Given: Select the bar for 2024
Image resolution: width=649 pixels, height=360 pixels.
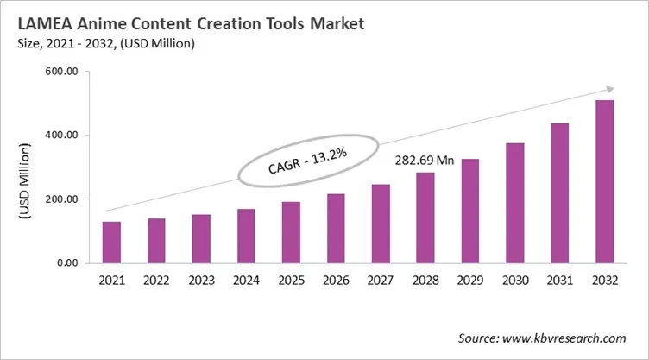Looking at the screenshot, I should coord(246,236).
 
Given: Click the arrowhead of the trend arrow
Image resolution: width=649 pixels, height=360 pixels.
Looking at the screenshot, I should coord(608,88).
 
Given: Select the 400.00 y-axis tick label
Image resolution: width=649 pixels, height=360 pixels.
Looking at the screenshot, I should coord(60,136).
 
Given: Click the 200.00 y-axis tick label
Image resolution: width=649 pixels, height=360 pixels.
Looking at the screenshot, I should coord(60,199).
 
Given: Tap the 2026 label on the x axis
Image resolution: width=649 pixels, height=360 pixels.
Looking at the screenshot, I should coord(336,281).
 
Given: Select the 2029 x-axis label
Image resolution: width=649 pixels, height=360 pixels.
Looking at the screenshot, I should coord(470,281).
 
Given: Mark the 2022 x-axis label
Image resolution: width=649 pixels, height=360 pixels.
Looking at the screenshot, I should coord(157,281).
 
